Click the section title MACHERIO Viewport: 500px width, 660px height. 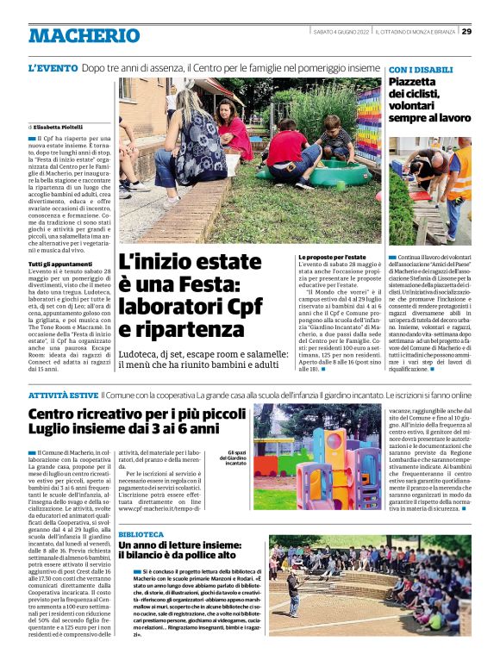coord(84,35)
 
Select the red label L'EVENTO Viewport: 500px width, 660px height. coord(53,67)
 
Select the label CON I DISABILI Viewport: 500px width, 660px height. coord(421,69)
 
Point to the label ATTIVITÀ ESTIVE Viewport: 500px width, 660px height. coord(63,394)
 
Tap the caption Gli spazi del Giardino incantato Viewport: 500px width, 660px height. coord(235,458)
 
